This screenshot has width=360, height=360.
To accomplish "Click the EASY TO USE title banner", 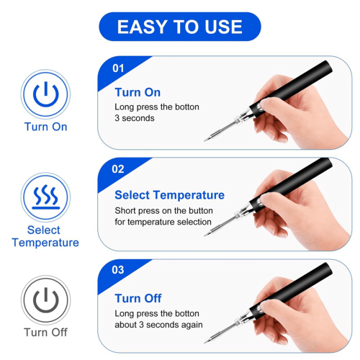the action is point(180,27).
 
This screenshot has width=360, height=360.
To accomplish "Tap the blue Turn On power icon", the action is point(45,94).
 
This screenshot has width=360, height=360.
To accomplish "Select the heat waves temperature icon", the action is point(45,197).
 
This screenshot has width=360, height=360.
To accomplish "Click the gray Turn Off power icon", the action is point(45,300).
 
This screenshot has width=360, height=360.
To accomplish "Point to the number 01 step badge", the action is point(118,68).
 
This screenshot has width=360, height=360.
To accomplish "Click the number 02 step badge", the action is point(118,169).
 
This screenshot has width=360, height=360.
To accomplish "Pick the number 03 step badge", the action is point(118,270).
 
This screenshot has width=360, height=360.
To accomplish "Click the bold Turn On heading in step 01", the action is point(138,92).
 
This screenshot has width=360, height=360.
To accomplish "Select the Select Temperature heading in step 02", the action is point(169,195).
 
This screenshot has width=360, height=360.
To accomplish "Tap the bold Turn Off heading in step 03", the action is point(138,299).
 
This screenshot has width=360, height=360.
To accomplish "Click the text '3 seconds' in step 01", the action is point(135,118).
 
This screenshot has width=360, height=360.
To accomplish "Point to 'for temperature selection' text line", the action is point(163,222).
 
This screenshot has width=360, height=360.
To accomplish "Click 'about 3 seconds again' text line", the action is point(158,325).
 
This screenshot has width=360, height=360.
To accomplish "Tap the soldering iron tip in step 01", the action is point(204,140).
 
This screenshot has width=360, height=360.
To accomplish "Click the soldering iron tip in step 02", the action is point(204,235).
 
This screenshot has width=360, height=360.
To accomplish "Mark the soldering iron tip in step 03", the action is point(204,342).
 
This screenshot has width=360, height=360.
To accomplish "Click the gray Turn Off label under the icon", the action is point(45,333).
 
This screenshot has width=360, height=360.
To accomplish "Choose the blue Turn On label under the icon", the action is point(45,127).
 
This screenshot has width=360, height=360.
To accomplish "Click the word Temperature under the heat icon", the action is point(45,243).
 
